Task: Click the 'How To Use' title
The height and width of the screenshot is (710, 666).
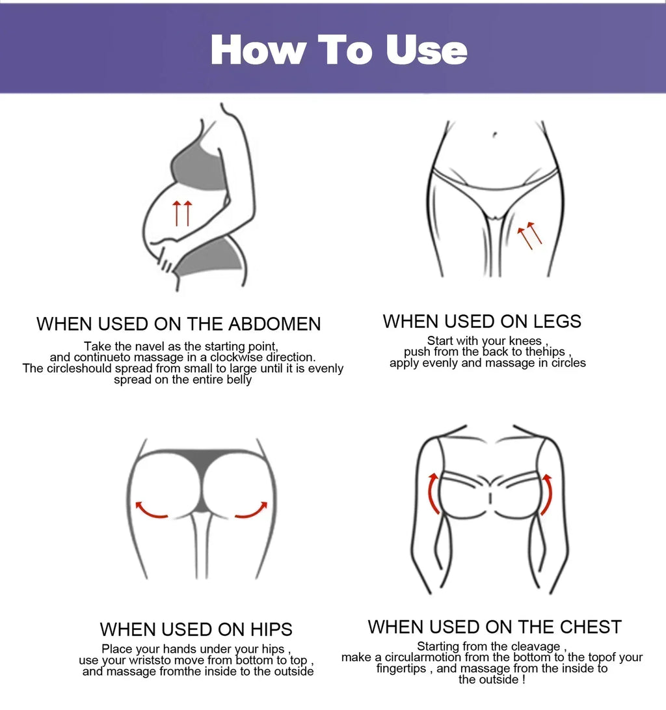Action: tap(339, 50)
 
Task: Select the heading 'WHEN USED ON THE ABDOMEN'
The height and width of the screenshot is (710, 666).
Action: tap(179, 323)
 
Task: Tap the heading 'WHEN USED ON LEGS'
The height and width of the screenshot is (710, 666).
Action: tap(482, 321)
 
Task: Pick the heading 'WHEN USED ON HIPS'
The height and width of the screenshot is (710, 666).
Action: tap(196, 629)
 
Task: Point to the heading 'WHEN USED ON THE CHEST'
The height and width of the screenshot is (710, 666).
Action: tap(494, 627)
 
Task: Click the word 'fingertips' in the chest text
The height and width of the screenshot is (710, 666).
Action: tap(403, 668)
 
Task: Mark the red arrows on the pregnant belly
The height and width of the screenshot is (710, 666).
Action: tap(182, 213)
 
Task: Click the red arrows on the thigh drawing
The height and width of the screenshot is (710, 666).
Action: tap(529, 234)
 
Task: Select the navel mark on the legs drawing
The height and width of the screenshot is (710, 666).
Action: tap(494, 135)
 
